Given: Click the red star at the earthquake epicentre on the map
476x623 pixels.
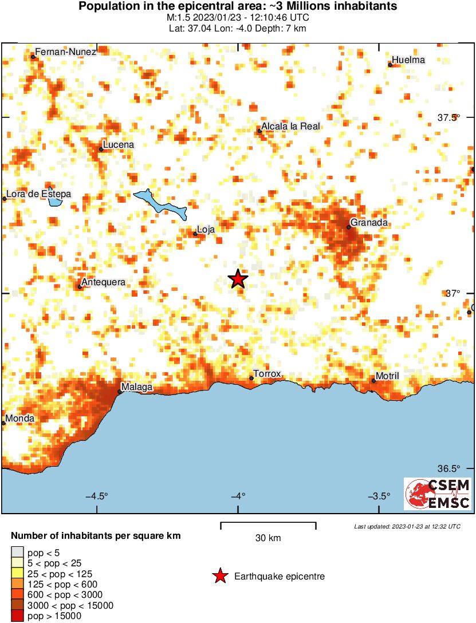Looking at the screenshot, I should tap(238, 279).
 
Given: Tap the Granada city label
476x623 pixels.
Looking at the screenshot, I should tap(370, 222).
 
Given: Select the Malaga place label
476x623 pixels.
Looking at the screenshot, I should tap(137, 387).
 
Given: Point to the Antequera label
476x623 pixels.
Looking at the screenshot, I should tap(103, 282).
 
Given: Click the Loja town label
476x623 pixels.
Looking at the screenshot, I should tap(206, 230).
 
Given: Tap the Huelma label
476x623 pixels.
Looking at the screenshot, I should tap(408, 60).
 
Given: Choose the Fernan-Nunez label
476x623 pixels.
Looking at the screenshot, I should tap(65, 52).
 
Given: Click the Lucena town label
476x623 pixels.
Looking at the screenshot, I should tap(119, 145).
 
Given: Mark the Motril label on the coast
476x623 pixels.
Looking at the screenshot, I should tap(387, 376).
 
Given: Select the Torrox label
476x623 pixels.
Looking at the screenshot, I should tap(267, 374).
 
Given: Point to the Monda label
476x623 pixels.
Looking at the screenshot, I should tap(20, 419).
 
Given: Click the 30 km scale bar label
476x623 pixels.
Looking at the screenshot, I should tap(268, 538).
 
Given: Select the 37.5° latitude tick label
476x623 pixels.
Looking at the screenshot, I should tap(449, 118).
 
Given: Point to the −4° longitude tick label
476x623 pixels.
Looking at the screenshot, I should tap(238, 496).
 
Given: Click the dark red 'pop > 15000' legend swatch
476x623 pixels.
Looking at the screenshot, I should tap(17, 616).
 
